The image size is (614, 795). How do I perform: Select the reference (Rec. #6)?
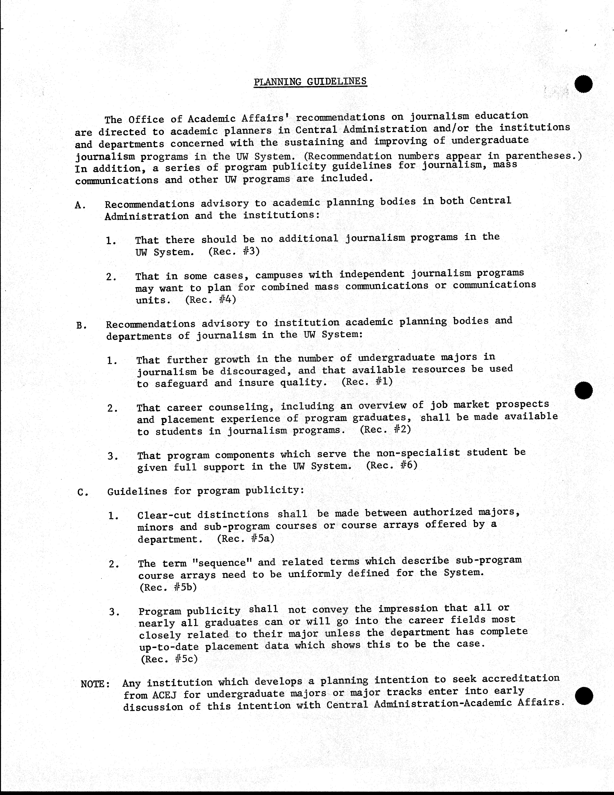coord(391,466)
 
